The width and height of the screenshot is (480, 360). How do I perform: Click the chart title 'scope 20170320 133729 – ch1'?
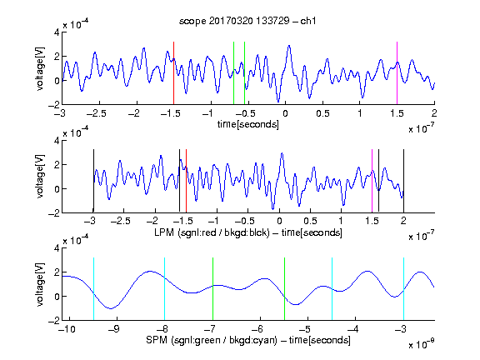point(247,21)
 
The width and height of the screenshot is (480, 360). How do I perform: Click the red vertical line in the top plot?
point(173,73)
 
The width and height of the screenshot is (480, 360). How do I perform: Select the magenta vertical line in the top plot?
point(397,73)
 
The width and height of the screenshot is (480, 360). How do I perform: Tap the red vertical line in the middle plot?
point(186,181)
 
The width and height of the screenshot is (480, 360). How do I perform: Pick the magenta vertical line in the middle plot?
point(372,181)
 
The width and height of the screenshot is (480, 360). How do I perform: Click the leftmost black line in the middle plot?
point(93,181)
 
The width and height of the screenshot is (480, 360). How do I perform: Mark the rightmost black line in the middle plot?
point(403,181)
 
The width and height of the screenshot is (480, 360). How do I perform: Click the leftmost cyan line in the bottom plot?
point(93,289)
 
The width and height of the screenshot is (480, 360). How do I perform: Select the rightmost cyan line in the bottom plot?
point(403,289)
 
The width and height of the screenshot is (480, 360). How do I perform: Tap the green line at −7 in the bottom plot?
point(212,289)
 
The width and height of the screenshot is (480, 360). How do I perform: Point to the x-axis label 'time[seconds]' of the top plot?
point(248,124)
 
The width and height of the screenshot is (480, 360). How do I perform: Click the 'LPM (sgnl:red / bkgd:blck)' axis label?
point(212,232)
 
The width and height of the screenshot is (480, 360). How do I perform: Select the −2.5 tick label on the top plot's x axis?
point(97,113)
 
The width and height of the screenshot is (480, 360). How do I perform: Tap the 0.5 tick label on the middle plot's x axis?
point(310,221)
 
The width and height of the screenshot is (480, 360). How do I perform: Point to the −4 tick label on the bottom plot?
point(352,329)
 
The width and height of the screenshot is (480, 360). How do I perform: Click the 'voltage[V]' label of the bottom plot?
point(40,284)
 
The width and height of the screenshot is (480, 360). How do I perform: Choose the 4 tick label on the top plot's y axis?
point(57,32)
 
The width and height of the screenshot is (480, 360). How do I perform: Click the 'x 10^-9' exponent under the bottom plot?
point(421,343)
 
